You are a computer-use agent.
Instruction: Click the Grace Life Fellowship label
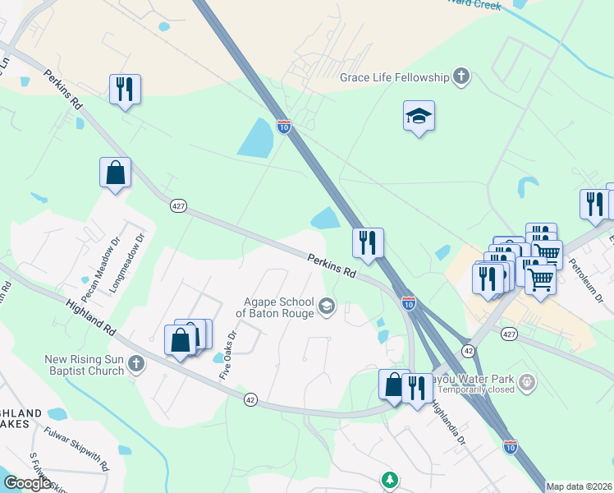click(394, 78)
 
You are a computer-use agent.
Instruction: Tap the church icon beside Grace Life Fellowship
click(461, 78)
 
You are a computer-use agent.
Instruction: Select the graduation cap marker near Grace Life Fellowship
click(419, 117)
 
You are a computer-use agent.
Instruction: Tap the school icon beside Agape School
click(326, 306)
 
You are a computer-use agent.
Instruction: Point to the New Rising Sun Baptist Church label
click(85, 365)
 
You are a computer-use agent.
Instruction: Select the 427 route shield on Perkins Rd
click(177, 205)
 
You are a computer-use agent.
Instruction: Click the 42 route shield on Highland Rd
click(251, 399)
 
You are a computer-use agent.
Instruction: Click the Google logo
click(27, 482)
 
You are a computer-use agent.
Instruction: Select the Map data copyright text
click(579, 486)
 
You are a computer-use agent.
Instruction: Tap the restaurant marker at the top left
click(125, 89)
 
